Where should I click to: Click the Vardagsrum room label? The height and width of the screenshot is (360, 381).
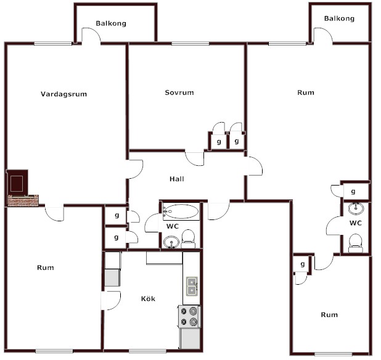point(64,94)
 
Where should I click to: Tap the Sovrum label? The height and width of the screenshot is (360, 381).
point(179,92)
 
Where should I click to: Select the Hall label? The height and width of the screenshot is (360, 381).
point(177,179)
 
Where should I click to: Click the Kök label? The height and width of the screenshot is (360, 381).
point(148,298)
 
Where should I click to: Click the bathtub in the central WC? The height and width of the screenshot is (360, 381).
point(181,211)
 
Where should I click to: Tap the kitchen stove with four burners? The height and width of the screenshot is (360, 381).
point(189,316)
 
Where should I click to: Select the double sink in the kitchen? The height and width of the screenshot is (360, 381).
point(192,286)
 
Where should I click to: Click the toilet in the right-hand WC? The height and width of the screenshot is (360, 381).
point(355,243)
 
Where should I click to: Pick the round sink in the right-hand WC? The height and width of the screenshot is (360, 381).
point(356,208)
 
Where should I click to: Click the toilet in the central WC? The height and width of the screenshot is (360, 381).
point(188,239)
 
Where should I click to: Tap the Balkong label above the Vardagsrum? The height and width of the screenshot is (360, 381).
point(111,23)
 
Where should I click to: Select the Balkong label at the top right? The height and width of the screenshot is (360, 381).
point(339,18)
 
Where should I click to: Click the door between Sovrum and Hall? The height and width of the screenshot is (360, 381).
point(194,158)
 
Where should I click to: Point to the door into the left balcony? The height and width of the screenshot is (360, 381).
point(91,36)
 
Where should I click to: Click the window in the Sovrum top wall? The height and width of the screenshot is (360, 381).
point(190,44)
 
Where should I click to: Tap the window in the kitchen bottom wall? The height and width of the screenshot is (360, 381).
point(147,351)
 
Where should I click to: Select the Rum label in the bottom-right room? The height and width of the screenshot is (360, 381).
point(329,315)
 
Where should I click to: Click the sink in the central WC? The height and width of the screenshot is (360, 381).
point(171,242)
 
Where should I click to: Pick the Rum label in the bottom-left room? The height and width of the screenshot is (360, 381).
point(46,268)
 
